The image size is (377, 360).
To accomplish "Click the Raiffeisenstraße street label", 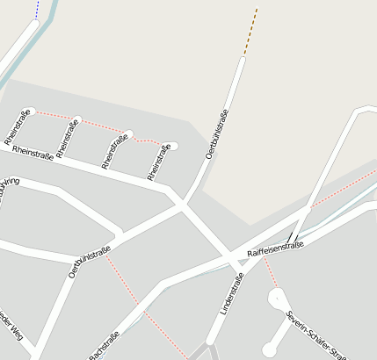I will point(275,250).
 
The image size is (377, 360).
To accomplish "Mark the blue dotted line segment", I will point(37,10).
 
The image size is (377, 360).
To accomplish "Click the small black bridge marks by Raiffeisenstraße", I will point(291,237).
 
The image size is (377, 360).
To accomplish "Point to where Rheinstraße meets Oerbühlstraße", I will point(181,204).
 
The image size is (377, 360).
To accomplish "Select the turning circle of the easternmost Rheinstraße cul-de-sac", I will point(172,146).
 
